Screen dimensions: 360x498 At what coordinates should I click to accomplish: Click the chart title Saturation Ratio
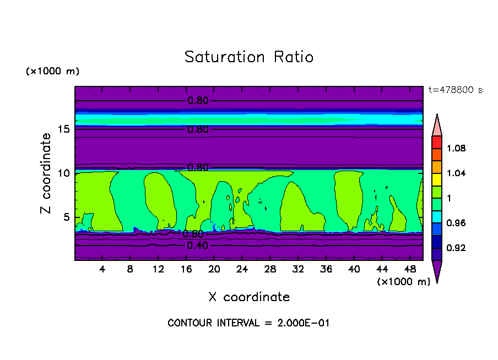coord(248,57)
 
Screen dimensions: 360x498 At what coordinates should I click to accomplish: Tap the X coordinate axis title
coord(249,297)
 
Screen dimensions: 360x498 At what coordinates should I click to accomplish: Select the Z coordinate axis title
coord(46,173)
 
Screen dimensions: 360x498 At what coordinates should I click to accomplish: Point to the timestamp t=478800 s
coord(456,90)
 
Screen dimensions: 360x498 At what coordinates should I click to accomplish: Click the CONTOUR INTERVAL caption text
coord(248,323)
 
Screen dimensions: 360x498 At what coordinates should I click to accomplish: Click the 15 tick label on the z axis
coord(64,129)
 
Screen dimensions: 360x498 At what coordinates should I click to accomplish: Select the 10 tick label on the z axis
coord(64,173)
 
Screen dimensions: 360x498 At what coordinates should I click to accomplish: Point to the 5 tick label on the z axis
coord(67,217)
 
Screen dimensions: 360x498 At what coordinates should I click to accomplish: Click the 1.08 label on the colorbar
coord(456,148)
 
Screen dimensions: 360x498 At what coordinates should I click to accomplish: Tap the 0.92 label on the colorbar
coord(456,248)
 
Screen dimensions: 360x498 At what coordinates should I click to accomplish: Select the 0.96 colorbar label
coord(456,223)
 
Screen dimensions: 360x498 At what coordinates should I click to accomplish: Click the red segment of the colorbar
coord(437,141)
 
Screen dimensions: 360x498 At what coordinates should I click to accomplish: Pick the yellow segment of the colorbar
coord(437,179)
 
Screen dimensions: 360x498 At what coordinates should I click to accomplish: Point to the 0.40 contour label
coord(198,246)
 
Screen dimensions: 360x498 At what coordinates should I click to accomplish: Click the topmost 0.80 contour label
coord(198,101)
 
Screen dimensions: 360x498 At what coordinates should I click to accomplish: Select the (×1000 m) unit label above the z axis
coord(52,72)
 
